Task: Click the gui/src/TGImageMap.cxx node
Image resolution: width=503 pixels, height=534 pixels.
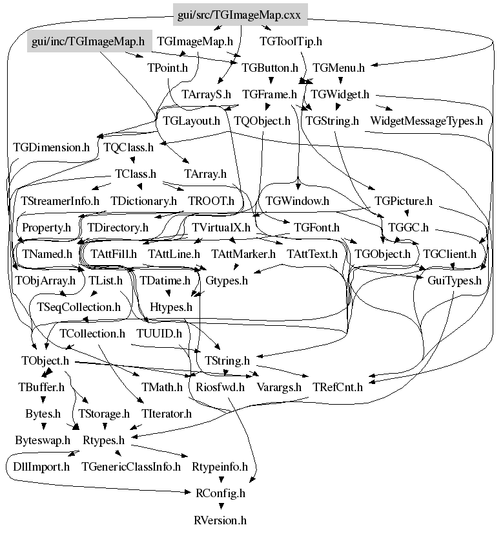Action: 240,15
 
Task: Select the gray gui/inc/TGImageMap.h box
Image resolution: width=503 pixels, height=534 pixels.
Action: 88,41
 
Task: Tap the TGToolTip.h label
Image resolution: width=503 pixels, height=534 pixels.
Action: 291,41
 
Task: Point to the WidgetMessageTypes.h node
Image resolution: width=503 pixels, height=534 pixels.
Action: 426,121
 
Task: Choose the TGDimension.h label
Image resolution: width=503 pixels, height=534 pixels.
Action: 52,147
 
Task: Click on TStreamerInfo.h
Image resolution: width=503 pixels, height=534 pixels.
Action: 60,201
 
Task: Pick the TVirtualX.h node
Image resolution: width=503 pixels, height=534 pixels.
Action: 221,227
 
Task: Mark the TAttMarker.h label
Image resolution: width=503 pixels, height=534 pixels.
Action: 243,254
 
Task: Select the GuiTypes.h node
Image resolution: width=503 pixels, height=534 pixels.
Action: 455,281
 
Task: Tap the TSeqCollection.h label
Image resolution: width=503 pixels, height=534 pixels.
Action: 79,307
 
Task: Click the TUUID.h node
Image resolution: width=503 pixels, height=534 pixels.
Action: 159,334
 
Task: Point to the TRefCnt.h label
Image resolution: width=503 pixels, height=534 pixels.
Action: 338,387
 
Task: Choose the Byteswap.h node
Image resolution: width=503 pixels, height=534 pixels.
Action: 43,440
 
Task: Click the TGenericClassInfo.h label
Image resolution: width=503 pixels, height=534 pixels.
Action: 131,467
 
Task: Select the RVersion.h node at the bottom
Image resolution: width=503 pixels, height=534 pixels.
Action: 220,520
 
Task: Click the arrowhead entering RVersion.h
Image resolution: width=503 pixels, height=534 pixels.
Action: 221,506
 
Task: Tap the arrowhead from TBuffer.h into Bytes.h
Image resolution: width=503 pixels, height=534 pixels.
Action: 43,400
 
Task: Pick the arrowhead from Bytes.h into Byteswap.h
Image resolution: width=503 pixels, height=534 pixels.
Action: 43,427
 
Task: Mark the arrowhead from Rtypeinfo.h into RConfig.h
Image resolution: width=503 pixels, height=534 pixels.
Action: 221,480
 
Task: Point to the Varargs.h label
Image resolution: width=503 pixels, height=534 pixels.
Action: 279,387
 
